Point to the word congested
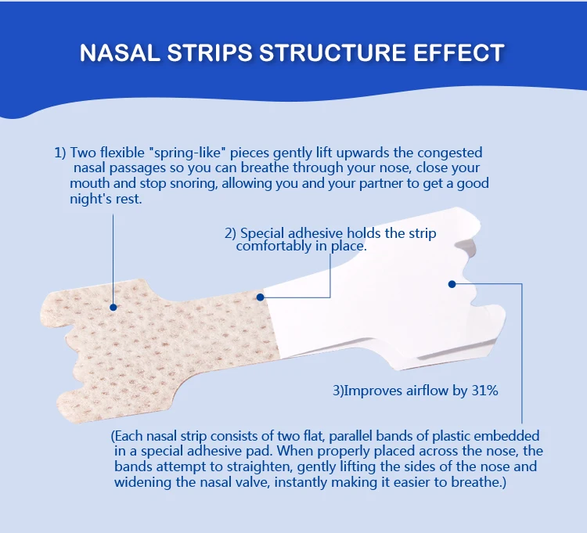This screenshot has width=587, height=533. (447, 152)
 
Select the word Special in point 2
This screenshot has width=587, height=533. (264, 233)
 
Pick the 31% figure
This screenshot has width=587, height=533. (483, 390)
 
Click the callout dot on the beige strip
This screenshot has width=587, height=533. (113, 307)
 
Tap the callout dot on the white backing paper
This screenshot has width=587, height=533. (452, 283)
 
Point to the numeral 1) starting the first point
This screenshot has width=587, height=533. (60, 152)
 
